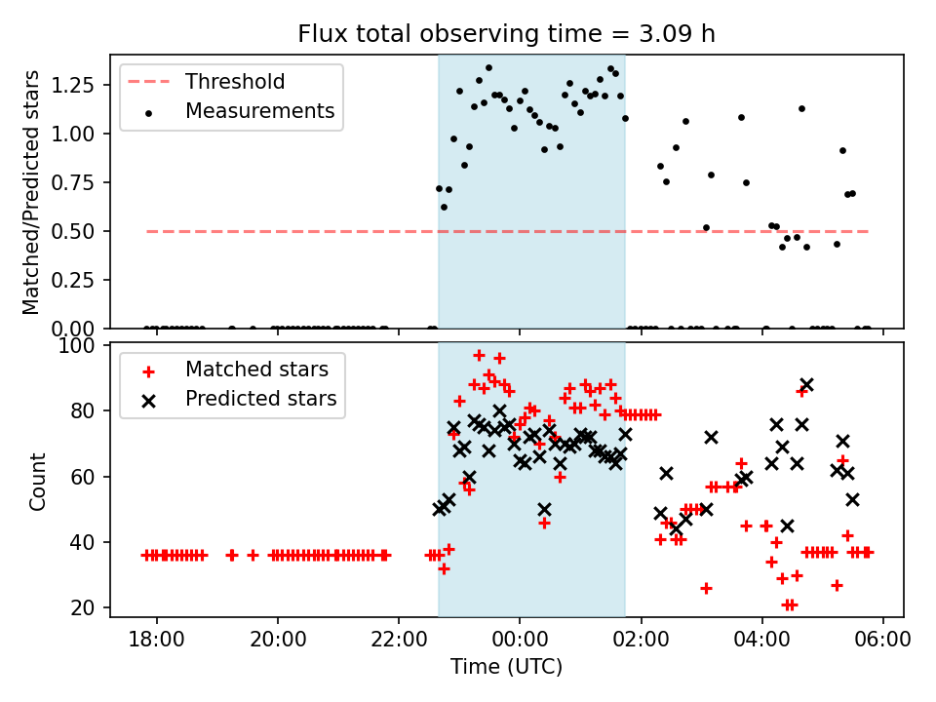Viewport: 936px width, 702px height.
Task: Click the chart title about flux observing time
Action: [x=506, y=34]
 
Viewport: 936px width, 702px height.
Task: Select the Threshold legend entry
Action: [x=234, y=81]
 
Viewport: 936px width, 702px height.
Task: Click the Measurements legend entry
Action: [x=259, y=111]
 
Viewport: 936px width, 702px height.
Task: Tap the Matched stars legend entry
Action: [x=256, y=370]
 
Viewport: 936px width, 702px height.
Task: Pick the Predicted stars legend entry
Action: [x=260, y=399]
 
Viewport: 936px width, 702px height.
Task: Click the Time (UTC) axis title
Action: [x=506, y=668]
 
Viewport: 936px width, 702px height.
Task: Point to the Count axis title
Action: [x=38, y=481]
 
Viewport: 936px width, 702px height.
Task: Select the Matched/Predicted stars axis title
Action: [x=32, y=192]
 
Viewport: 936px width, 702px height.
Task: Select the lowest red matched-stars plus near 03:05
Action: [x=706, y=588]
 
